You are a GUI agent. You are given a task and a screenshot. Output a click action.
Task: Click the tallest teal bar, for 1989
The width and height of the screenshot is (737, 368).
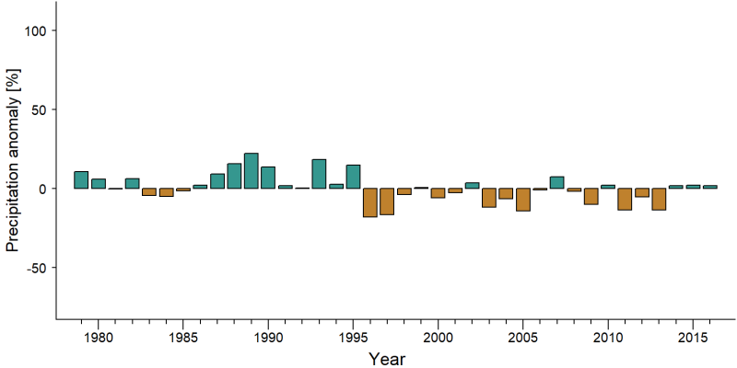251,171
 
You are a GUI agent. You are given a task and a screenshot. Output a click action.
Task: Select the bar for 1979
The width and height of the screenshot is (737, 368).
81,179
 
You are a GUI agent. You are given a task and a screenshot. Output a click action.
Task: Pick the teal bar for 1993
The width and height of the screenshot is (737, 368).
319,174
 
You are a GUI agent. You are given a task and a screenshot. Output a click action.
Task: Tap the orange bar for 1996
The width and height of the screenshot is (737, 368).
370,202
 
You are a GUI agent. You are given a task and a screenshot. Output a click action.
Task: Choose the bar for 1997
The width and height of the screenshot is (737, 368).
387,201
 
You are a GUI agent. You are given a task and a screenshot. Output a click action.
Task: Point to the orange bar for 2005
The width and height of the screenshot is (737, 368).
523,200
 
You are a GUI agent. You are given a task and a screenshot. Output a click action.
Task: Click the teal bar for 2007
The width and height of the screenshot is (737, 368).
557,182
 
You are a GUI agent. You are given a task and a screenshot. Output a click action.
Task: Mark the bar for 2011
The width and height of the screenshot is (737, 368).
625,199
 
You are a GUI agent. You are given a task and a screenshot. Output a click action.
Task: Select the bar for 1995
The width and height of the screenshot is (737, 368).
354,177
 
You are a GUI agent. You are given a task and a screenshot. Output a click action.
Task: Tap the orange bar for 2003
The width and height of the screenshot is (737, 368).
489,198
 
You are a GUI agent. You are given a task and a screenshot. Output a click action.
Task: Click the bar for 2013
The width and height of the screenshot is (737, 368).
659,199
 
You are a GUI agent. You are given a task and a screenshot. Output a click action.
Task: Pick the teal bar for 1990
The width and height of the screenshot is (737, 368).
268,178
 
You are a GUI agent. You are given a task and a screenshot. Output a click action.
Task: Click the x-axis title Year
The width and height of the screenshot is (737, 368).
386,359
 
